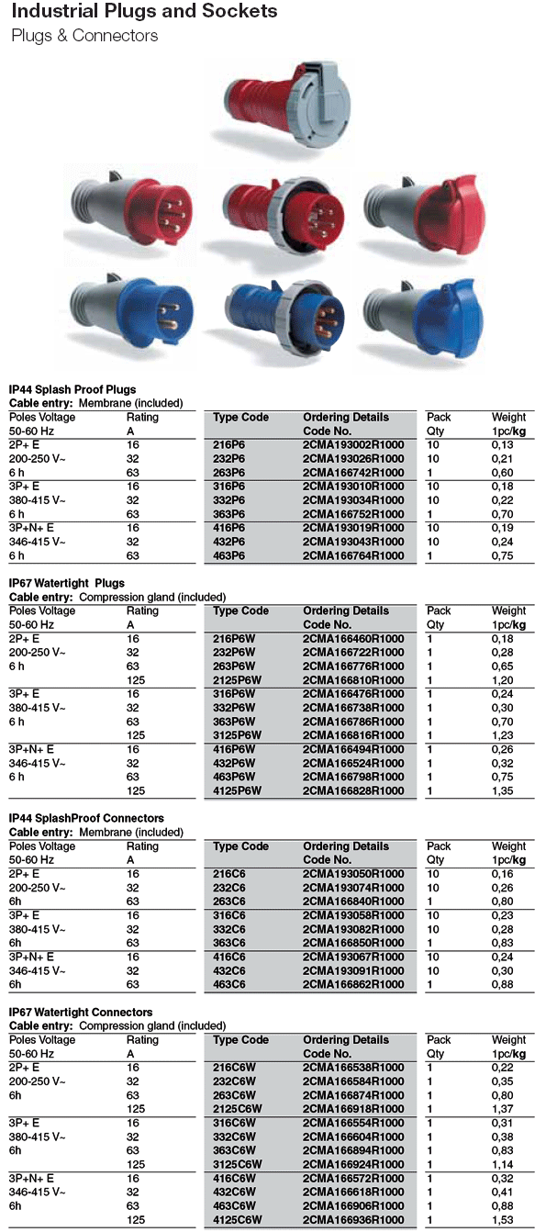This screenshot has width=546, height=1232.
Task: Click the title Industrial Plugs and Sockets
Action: (144, 12)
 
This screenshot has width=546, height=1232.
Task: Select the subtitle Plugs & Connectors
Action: (84, 36)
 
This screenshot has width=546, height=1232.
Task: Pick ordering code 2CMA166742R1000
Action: (353, 472)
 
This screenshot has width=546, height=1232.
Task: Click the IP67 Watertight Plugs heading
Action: (66, 583)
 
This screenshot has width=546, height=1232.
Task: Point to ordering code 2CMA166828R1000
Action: (353, 790)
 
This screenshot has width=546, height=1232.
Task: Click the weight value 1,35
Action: (502, 790)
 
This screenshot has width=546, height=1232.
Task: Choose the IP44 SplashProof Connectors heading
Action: (86, 818)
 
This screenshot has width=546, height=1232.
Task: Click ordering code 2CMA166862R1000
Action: (353, 984)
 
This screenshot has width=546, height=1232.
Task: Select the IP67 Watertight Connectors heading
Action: (81, 1012)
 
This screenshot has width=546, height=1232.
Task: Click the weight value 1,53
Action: (502, 1219)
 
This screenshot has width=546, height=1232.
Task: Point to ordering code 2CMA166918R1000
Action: (353, 1109)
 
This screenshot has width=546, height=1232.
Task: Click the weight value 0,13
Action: (502, 445)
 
